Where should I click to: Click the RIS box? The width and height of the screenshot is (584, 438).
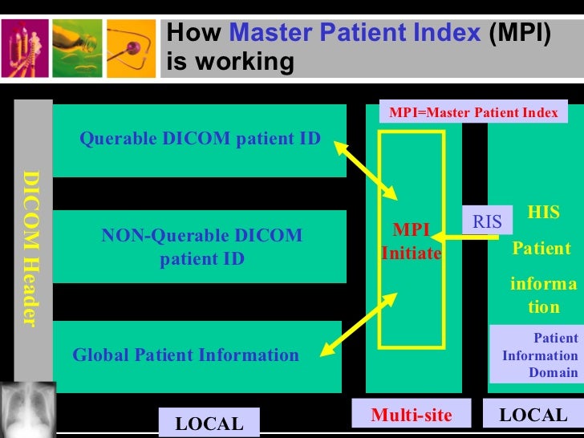click(487, 221)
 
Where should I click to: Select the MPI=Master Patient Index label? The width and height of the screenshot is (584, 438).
click(473, 112)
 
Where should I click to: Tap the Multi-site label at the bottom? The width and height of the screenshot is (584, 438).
click(412, 416)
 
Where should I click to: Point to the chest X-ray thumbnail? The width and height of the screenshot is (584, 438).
click(28, 408)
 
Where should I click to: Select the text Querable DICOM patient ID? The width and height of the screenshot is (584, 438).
click(200, 139)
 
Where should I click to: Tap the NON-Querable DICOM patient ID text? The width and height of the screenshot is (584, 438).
click(201, 247)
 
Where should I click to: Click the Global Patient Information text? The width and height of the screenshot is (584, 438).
click(185, 355)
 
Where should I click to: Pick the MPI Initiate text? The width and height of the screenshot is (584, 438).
click(411, 241)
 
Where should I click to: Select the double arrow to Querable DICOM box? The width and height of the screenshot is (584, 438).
click(367, 169)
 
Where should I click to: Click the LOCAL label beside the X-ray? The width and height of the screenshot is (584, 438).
click(209, 424)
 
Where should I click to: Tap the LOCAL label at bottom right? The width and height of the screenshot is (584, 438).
click(533, 416)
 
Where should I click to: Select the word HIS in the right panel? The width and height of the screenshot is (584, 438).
click(543, 213)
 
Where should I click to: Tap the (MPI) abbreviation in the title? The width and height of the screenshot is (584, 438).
click(520, 34)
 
